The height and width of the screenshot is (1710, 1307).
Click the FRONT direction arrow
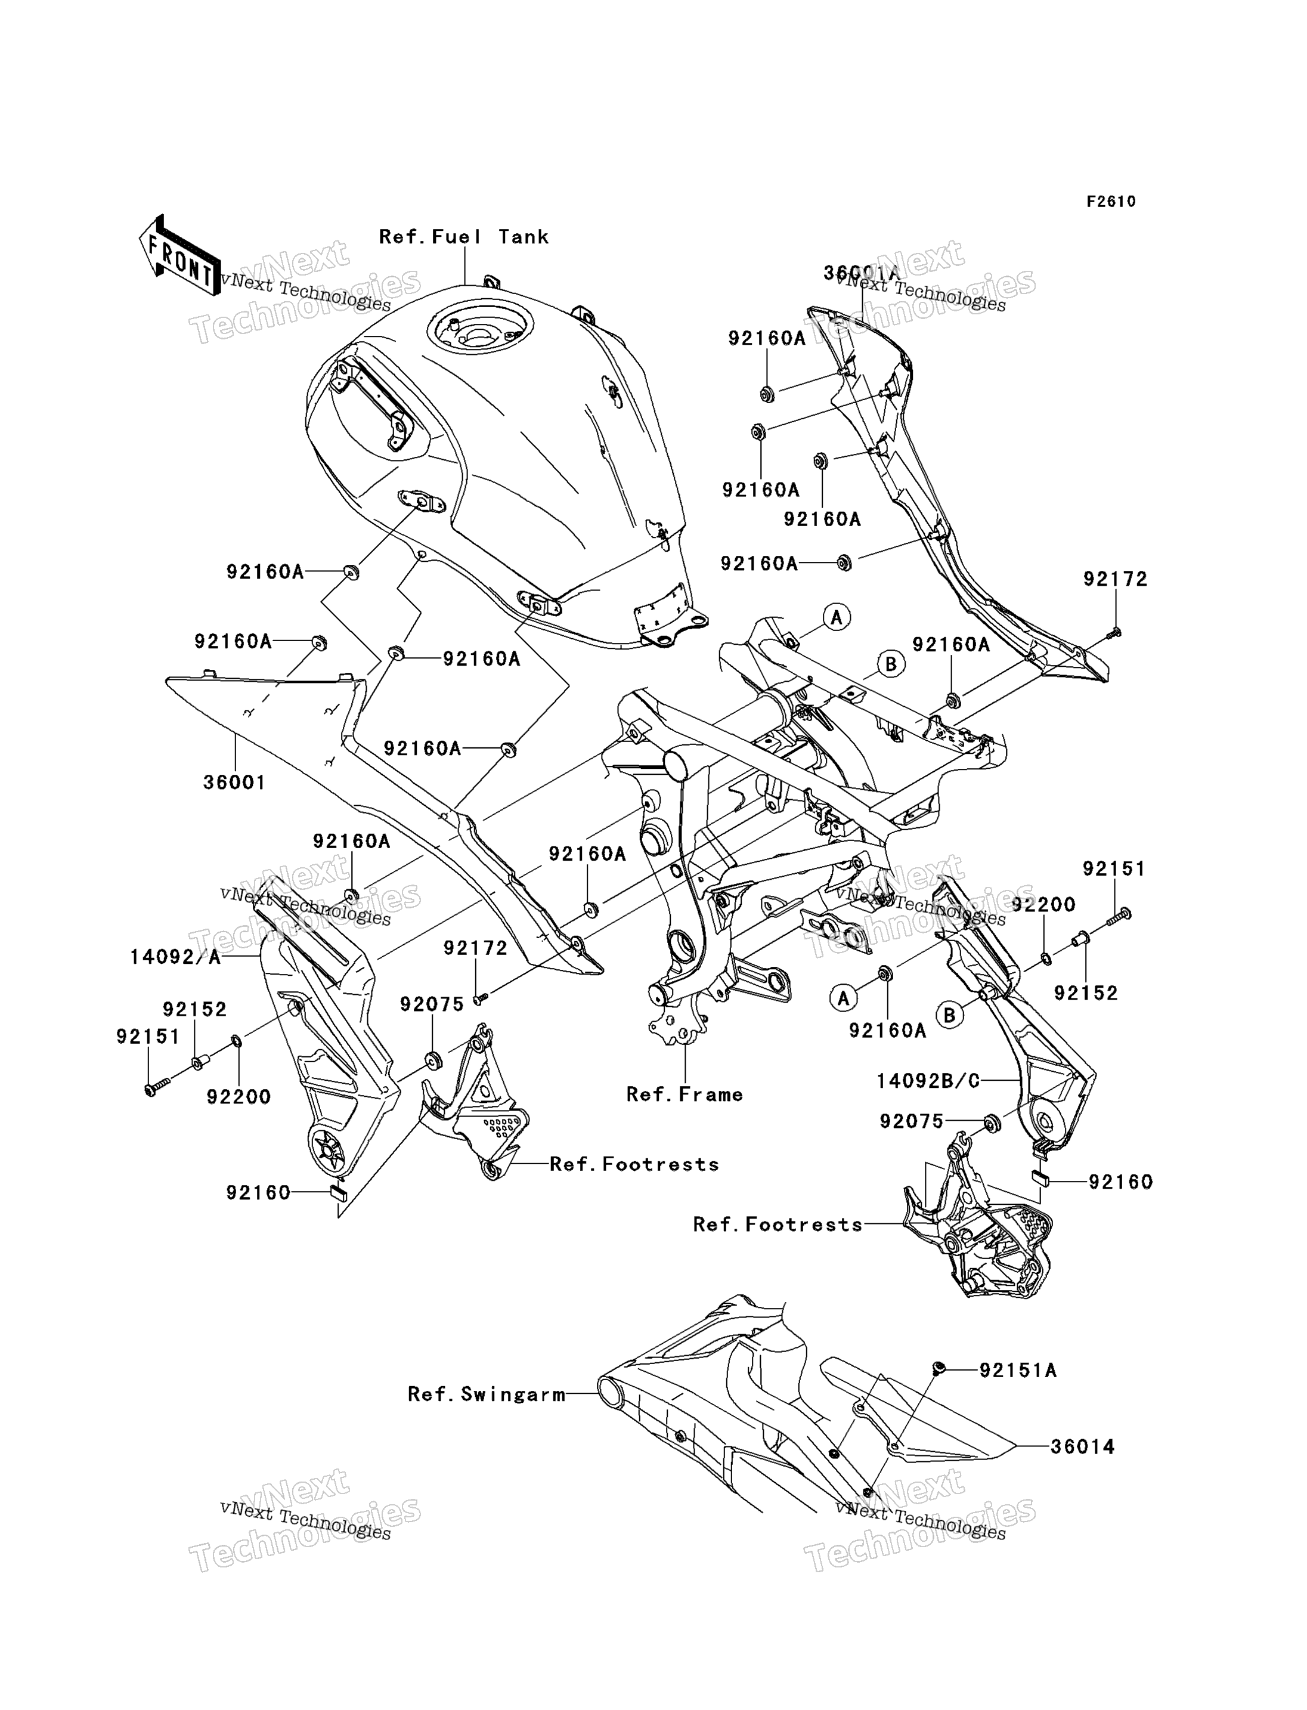click(x=178, y=256)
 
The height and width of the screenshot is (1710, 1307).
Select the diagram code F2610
click(x=1111, y=202)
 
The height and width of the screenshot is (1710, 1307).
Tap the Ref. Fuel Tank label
click(x=464, y=237)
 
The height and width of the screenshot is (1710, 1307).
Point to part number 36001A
click(x=861, y=273)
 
